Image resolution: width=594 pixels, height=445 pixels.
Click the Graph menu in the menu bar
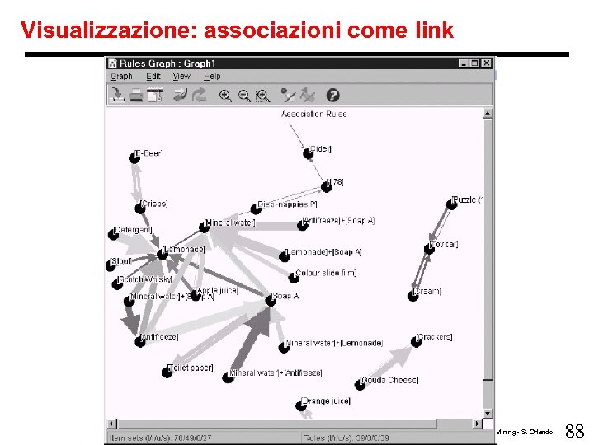(x=121, y=77)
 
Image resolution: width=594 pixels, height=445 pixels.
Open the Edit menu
(x=153, y=77)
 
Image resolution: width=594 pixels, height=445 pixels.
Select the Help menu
(x=212, y=77)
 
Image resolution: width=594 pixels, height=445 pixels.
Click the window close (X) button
(x=487, y=63)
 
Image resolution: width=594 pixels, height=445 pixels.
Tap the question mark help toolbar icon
(x=333, y=96)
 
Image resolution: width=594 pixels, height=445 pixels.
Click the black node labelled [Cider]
(x=308, y=153)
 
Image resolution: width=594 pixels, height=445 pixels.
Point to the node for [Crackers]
(x=414, y=341)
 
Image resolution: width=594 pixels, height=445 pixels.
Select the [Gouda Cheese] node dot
(x=360, y=384)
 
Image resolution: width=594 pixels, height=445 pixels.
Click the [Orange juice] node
(x=301, y=405)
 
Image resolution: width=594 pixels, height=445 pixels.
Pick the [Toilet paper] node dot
(x=167, y=372)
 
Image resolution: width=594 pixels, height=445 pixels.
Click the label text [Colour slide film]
(x=325, y=273)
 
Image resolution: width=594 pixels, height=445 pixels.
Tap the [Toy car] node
(x=430, y=248)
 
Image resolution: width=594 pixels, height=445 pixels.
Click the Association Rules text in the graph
(x=313, y=114)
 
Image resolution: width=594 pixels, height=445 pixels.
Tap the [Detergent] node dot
(x=113, y=234)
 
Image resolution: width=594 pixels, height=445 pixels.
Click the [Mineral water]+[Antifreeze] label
(x=275, y=372)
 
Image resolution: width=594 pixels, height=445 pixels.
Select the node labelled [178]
(x=327, y=186)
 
